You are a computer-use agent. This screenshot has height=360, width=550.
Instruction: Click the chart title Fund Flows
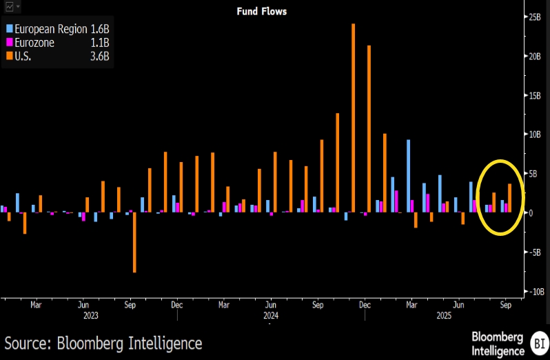262,11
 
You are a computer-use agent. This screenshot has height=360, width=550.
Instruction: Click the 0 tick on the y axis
531,212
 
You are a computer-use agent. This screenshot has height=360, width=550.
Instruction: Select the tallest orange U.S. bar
354,117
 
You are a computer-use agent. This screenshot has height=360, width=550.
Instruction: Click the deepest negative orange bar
134,242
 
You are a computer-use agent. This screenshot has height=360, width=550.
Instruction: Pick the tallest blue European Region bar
409,175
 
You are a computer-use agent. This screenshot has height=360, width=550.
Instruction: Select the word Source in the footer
28,343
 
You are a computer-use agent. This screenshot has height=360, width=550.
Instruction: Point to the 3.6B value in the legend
100,57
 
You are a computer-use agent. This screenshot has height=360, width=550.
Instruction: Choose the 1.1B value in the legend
100,43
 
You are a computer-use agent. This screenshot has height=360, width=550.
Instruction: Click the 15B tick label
533,95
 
